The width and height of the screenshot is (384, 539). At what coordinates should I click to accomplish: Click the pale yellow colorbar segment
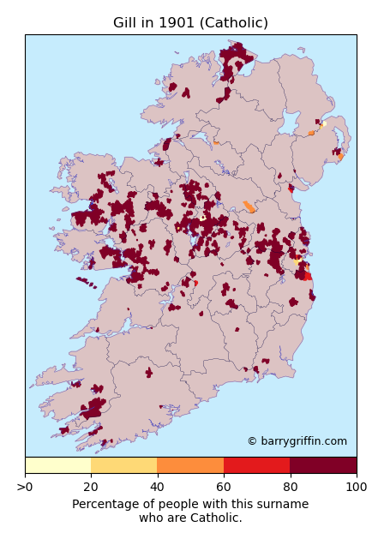[57, 465]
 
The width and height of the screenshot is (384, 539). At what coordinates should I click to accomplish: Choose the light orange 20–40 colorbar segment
[123, 465]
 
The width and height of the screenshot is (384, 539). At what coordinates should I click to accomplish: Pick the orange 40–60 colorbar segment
[190, 465]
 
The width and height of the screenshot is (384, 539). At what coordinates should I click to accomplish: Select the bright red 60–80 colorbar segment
[256, 465]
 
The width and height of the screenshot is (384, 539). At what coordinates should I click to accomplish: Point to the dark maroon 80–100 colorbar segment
[323, 465]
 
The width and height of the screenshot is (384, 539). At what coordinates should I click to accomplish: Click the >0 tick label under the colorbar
[26, 487]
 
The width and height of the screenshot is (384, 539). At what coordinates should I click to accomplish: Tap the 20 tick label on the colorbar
[91, 487]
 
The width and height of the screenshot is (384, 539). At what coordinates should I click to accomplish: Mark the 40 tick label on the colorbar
[158, 487]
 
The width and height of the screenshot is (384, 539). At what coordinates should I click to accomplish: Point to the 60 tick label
[224, 487]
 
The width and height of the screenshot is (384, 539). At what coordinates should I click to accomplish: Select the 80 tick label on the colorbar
[290, 487]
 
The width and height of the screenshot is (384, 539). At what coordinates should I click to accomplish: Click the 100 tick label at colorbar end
[356, 487]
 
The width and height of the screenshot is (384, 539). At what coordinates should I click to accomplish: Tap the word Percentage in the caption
[105, 505]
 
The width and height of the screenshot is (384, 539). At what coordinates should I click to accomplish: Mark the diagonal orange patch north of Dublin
[249, 207]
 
